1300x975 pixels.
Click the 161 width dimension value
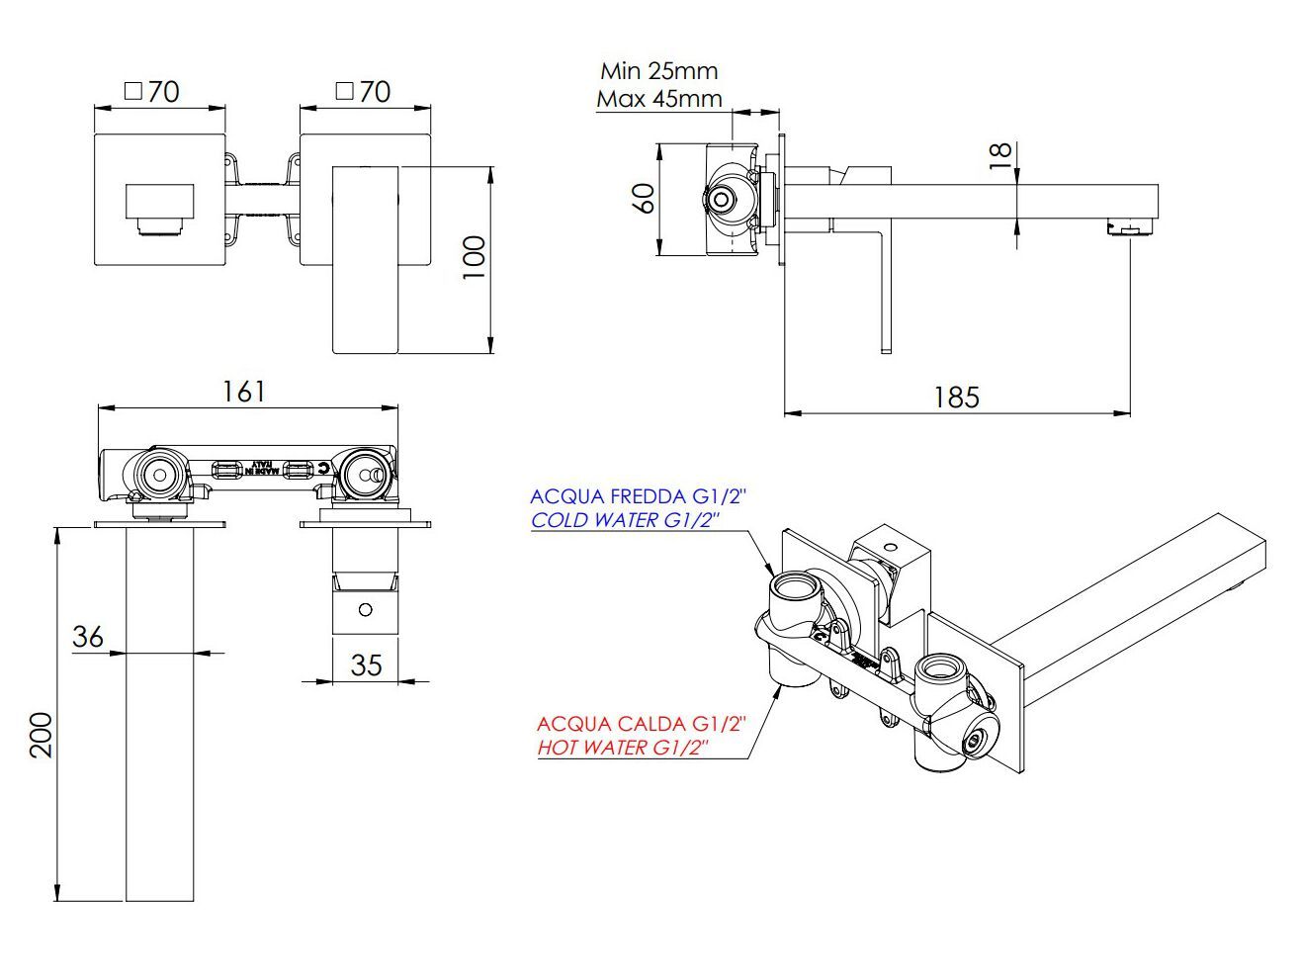click(243, 392)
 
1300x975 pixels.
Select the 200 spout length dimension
click(41, 735)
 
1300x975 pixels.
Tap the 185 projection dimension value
click(956, 398)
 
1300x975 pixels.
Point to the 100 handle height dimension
click(475, 258)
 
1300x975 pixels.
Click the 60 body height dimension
click(644, 198)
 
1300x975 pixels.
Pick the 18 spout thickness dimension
click(1000, 155)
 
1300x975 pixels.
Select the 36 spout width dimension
click(88, 636)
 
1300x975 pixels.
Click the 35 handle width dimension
click(366, 665)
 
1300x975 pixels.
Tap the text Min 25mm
click(659, 71)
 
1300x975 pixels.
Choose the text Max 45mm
click(659, 99)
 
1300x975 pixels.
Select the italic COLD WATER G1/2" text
click(624, 520)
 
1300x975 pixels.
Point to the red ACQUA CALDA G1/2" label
click(642, 724)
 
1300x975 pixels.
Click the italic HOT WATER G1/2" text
click(624, 748)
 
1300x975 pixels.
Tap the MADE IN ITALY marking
click(261, 467)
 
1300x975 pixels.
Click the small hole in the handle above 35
click(366, 609)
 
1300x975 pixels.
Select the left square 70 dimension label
click(153, 92)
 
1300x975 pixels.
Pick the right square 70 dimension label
click(364, 92)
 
